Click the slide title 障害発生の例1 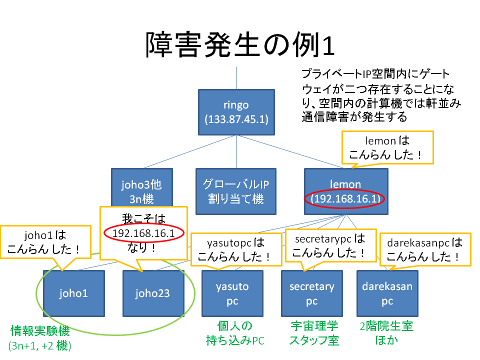tap(239, 44)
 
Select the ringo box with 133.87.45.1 tap(236, 112)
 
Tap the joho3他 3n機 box tap(142, 187)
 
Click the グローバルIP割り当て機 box tap(236, 191)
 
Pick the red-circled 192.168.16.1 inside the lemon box tap(344, 198)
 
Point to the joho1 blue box tap(74, 293)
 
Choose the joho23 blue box tap(153, 293)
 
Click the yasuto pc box tap(232, 293)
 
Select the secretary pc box tap(312, 293)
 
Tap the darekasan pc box tap(387, 293)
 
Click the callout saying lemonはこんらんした tap(387, 147)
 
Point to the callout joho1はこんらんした tap(45, 242)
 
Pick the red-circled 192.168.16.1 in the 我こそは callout tap(144, 233)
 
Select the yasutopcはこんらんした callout tap(236, 249)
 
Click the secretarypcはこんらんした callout tap(330, 245)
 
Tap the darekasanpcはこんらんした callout tap(425, 249)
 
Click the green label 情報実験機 tap(40, 331)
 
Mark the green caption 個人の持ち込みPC tap(235, 333)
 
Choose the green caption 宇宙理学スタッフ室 tap(314, 333)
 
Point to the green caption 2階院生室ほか tap(386, 333)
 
